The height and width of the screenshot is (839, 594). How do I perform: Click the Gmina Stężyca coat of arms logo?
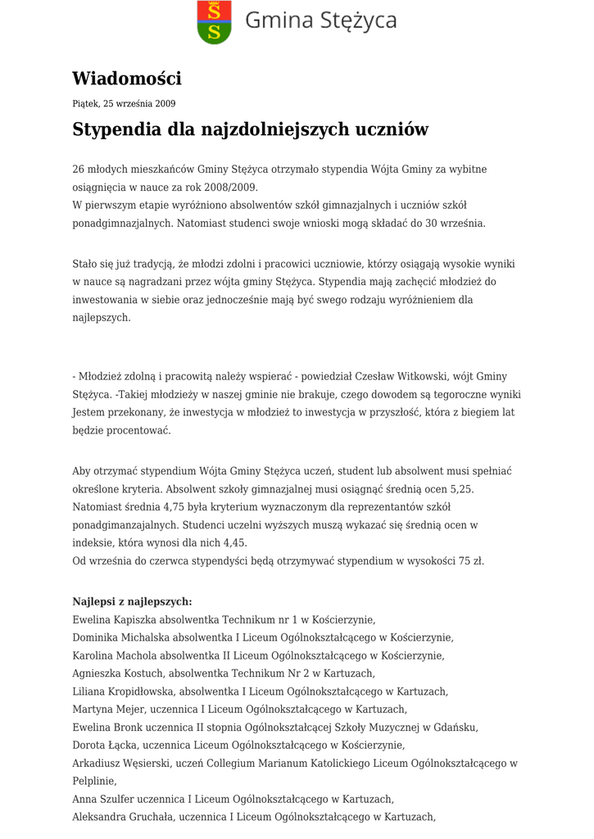(214, 22)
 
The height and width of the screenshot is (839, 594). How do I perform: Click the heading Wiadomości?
(126, 79)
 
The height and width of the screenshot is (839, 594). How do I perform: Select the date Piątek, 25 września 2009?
(124, 104)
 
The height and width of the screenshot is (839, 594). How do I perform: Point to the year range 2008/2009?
(232, 187)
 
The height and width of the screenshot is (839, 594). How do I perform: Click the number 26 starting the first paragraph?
(79, 169)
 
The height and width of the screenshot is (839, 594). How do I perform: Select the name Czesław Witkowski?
(397, 376)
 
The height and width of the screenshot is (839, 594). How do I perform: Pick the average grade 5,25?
(460, 488)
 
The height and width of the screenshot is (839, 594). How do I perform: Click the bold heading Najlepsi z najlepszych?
(132, 601)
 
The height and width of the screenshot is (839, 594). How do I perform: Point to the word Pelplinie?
(93, 781)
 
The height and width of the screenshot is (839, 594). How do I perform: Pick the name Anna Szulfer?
(101, 799)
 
